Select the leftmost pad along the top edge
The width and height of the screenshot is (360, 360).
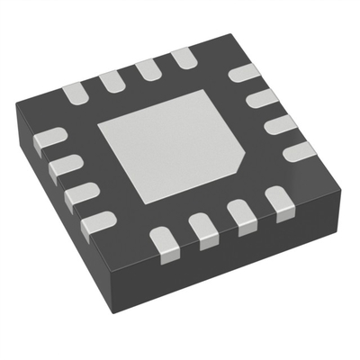click(75, 90)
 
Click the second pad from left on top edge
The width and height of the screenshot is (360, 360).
click(112, 80)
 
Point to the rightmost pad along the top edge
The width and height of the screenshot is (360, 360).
click(184, 60)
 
